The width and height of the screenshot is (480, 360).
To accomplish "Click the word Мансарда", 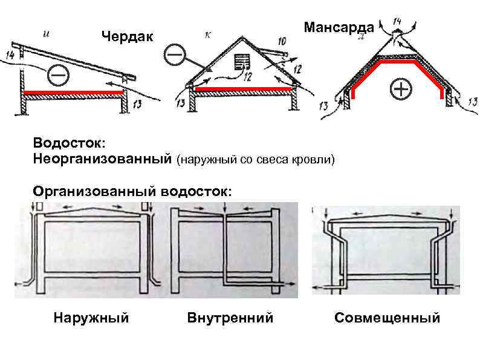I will [x=339, y=27].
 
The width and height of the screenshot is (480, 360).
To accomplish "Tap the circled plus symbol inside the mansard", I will [x=400, y=90].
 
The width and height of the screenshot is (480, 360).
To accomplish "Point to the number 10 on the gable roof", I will [x=282, y=41].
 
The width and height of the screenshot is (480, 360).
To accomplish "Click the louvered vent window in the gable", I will [x=243, y=62].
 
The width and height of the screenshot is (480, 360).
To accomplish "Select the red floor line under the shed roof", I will [x=73, y=92].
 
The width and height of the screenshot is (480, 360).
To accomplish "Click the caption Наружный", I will [x=91, y=318].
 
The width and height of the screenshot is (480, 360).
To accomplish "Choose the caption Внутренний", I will [x=230, y=318].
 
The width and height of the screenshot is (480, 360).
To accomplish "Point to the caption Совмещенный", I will [x=387, y=318].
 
